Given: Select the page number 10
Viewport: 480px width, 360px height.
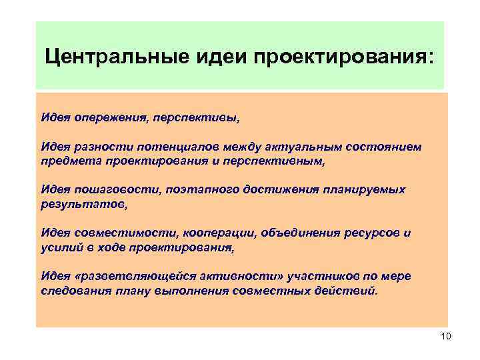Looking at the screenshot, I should click(446, 337).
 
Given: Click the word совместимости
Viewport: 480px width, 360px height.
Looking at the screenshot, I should click(117, 233).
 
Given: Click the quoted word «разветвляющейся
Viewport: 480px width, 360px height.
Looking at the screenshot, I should click(128, 276).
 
